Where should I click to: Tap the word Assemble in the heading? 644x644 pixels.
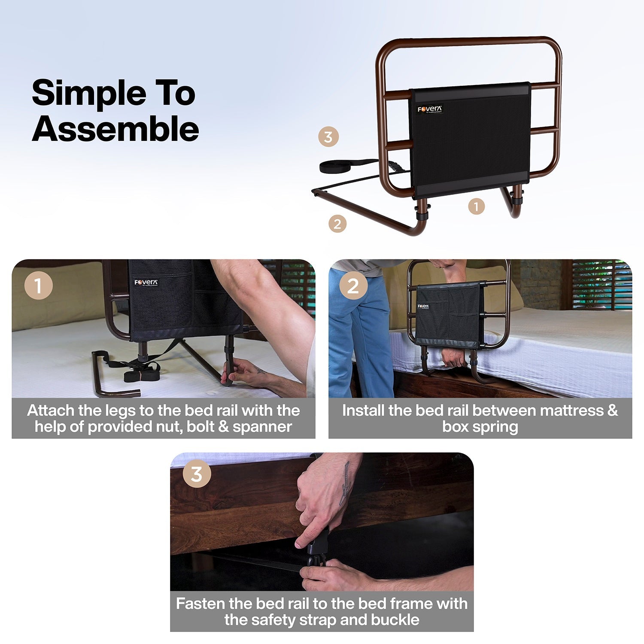(x=115, y=129)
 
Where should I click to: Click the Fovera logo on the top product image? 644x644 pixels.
(x=429, y=109)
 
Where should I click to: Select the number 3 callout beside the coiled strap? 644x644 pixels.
(x=328, y=137)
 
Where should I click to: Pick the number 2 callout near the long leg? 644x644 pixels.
(x=337, y=224)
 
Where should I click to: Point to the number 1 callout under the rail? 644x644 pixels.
(x=476, y=207)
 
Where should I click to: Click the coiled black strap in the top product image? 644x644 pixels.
(x=339, y=166)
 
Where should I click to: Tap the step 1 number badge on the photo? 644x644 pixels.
(x=39, y=286)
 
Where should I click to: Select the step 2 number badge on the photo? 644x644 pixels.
(x=353, y=286)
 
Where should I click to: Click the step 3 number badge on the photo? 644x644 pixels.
(x=197, y=474)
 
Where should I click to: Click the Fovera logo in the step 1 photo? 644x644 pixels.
(x=146, y=283)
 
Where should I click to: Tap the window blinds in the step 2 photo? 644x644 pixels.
(x=601, y=283)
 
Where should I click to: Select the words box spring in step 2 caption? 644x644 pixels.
(x=480, y=427)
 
